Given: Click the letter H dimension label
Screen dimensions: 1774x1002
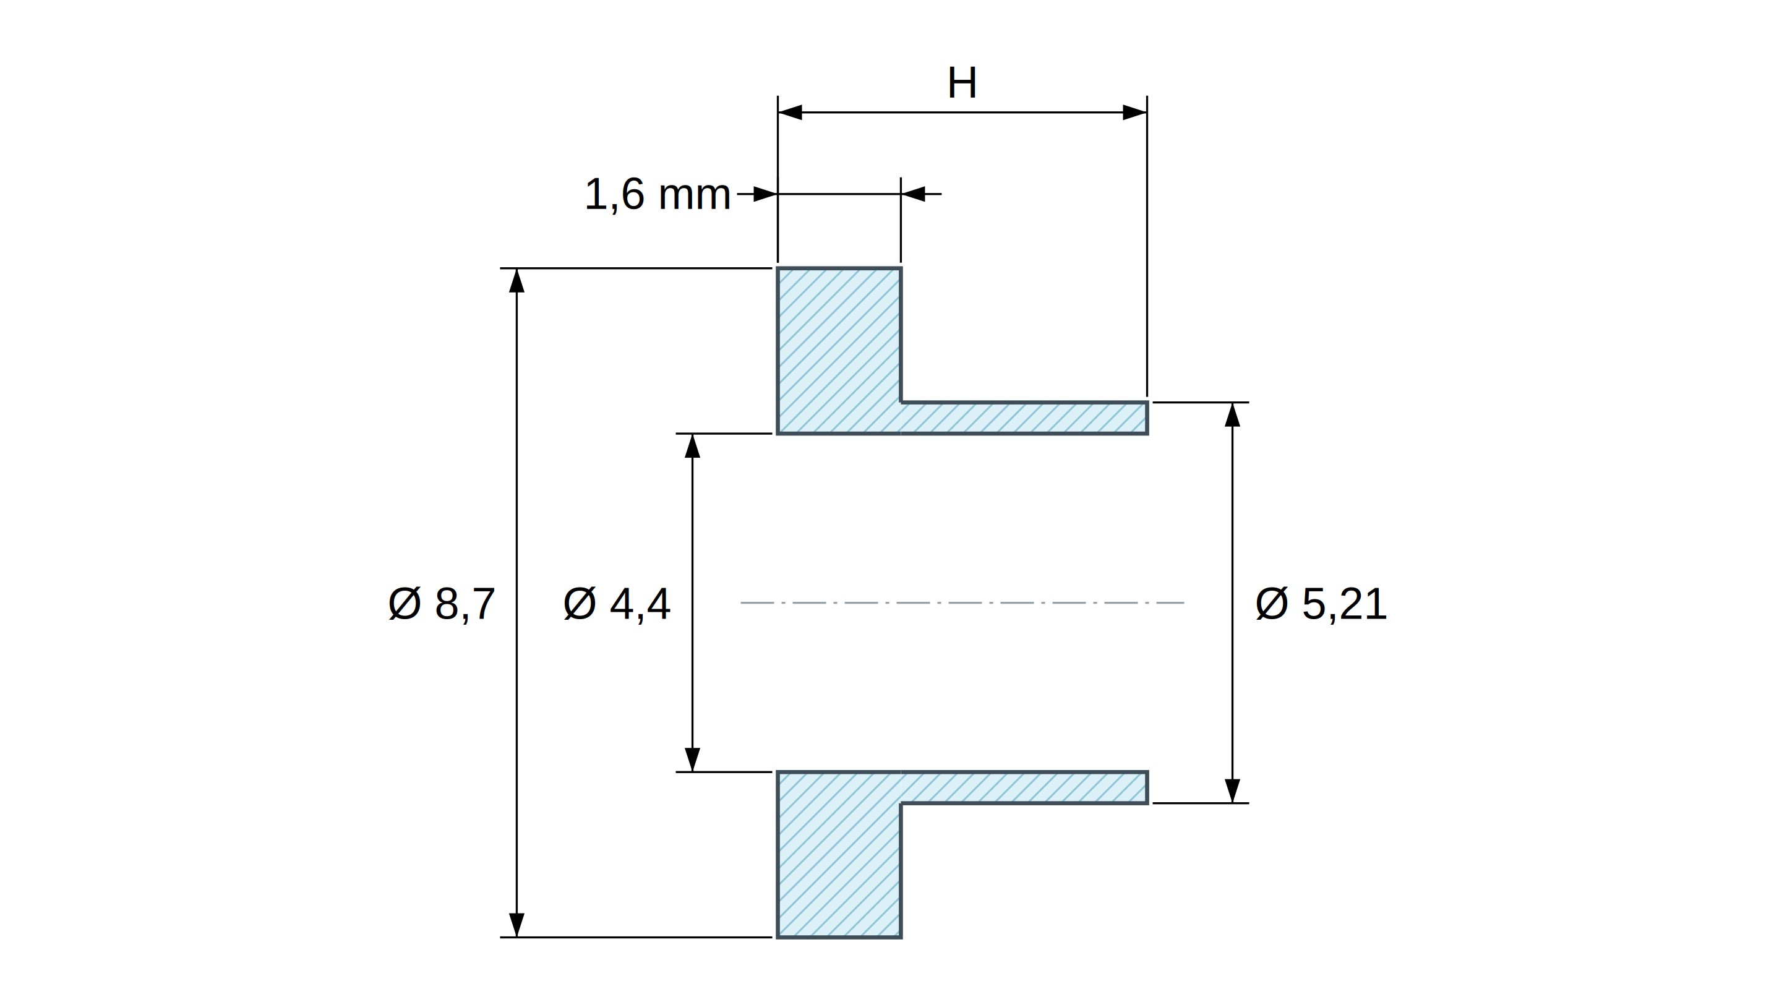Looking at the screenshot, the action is [x=962, y=83].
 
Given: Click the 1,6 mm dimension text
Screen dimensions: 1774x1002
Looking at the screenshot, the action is [x=657, y=194].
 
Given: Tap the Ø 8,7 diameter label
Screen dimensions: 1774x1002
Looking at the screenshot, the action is [x=442, y=604].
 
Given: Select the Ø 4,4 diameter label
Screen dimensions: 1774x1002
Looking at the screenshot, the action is [x=616, y=604].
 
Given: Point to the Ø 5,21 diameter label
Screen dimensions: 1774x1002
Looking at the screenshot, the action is [x=1321, y=604].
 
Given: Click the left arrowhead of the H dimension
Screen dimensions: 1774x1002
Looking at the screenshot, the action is [x=790, y=112].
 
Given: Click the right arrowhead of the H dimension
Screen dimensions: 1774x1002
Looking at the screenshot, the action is [x=1135, y=112].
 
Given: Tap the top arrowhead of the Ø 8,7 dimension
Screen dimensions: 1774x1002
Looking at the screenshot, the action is [x=516, y=280].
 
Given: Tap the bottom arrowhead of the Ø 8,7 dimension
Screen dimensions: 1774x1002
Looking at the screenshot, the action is [x=516, y=925].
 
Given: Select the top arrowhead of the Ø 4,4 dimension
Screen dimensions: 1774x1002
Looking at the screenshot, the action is [x=692, y=445].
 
